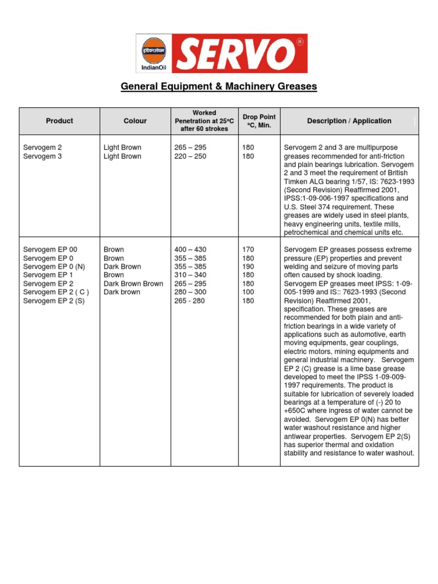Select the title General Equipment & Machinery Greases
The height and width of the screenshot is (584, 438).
click(x=218, y=87)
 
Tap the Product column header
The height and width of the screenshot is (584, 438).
click(x=59, y=121)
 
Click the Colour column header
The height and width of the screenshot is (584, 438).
click(x=135, y=121)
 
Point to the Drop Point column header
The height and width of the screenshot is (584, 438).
click(x=259, y=121)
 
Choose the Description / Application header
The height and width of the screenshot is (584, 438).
click(x=349, y=121)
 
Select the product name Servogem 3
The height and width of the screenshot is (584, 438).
click(x=42, y=156)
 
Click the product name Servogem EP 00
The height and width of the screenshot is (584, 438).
click(x=50, y=250)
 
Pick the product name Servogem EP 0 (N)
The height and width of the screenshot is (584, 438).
click(x=54, y=267)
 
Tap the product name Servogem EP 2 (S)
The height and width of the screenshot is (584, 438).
click(x=54, y=301)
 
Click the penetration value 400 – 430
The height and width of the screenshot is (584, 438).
click(x=190, y=250)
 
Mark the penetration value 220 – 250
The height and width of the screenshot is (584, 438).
click(x=190, y=156)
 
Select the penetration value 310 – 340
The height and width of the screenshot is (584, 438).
click(x=190, y=275)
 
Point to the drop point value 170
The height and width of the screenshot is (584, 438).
click(x=249, y=250)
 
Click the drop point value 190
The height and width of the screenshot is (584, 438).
click(x=249, y=267)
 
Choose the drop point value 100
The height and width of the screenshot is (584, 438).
click(x=249, y=292)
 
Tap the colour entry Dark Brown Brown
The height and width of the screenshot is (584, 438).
click(x=133, y=283)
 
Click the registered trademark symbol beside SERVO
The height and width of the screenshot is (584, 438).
click(x=300, y=42)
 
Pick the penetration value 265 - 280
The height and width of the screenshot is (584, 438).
click(x=189, y=301)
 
